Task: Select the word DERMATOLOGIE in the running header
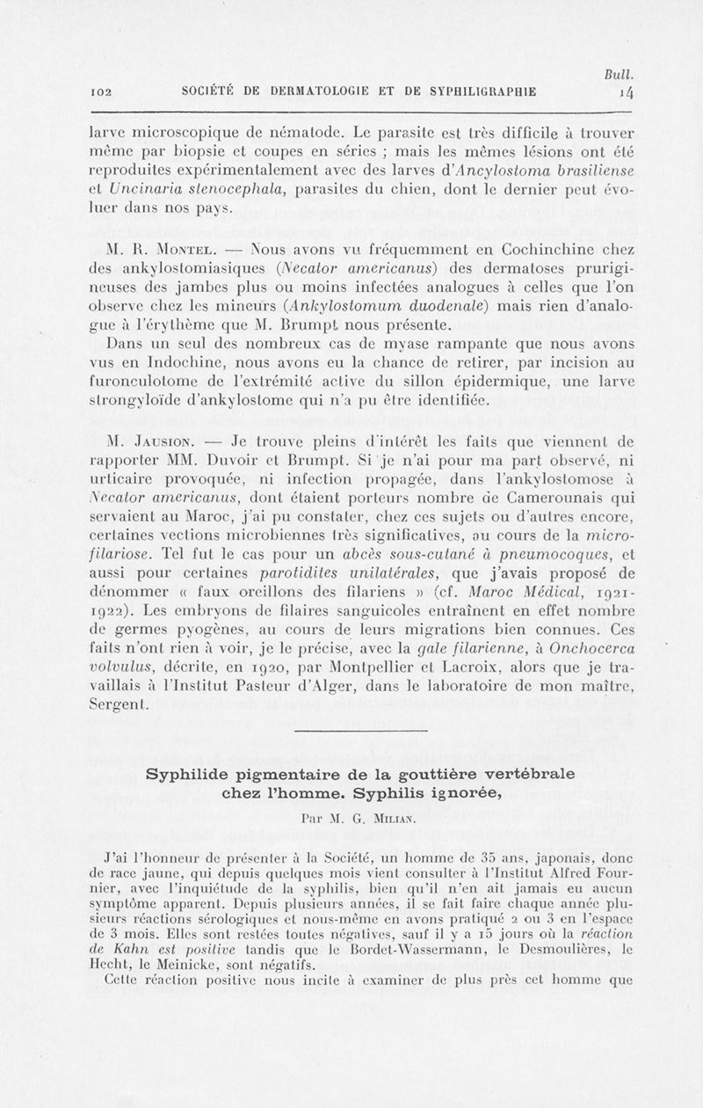(300, 90)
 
